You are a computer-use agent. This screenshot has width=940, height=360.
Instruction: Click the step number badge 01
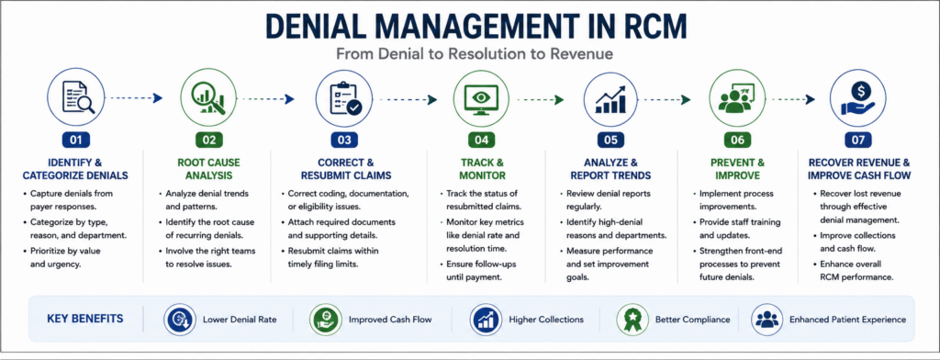coord(76,141)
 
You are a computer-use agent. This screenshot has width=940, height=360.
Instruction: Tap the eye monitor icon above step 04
coord(482,97)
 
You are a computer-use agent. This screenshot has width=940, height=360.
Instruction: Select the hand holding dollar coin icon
coord(858,97)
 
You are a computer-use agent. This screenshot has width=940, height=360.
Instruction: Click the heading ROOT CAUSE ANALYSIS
coord(208,169)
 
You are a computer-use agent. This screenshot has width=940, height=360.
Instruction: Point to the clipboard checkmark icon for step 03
coord(345,97)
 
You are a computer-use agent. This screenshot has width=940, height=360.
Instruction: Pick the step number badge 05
coord(610,141)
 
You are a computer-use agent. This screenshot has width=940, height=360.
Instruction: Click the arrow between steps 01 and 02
coord(137,98)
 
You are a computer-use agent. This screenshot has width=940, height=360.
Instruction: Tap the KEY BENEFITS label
coord(85,318)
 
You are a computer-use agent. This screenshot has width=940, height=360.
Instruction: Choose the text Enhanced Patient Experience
coord(847,320)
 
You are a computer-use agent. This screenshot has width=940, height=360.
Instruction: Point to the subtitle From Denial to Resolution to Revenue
coord(475,54)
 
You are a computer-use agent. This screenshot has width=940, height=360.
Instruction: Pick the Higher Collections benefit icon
coord(486,320)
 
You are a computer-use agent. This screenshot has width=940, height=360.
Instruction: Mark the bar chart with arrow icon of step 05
coord(610,97)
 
